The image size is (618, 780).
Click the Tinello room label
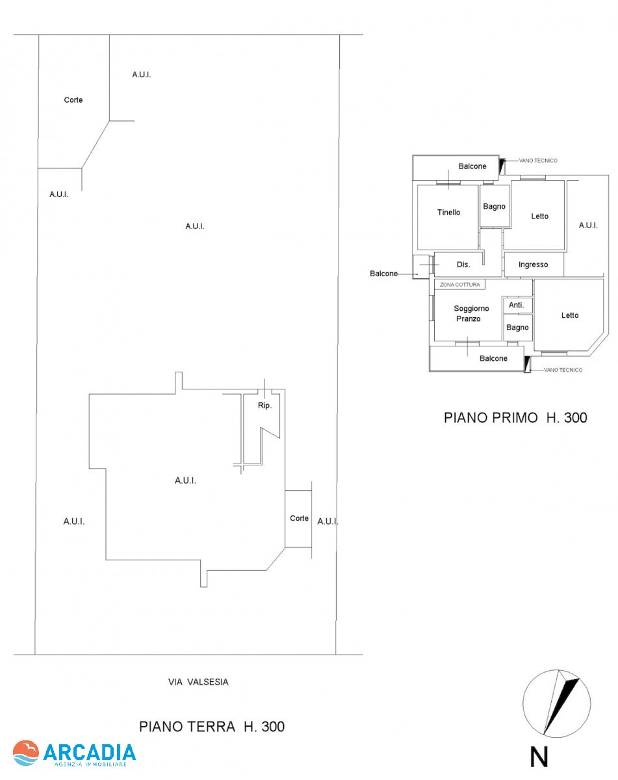tap(448, 213)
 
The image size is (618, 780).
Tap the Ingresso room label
tap(533, 265)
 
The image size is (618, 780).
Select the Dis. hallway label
tap(463, 265)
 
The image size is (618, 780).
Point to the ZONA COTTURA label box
tap(459, 285)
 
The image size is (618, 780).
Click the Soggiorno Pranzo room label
tap(471, 313)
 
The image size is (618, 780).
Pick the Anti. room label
tap(516, 305)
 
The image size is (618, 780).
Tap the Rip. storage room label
tap(264, 406)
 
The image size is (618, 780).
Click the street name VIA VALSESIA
tap(198, 682)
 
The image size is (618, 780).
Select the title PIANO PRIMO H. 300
tap(515, 417)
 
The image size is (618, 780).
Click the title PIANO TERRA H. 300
tap(212, 727)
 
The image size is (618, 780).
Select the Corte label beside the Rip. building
tap(299, 518)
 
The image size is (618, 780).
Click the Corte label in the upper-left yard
tap(73, 100)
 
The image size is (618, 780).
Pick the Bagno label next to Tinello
tap(494, 207)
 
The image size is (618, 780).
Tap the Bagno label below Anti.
tap(517, 328)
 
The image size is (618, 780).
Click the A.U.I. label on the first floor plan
tap(588, 226)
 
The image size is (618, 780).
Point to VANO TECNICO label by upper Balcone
tap(538, 161)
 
